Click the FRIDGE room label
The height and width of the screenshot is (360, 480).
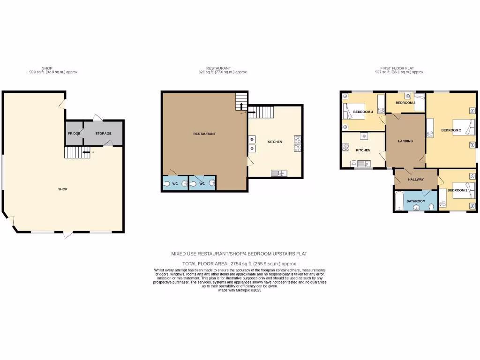tap(74, 134)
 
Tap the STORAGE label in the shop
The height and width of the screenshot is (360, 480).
tap(103, 134)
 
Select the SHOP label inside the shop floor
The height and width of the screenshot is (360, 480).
tap(62, 189)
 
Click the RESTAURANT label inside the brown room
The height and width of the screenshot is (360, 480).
tap(204, 134)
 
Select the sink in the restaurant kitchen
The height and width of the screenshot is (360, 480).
tap(278, 173)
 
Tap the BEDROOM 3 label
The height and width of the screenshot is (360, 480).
tap(405, 103)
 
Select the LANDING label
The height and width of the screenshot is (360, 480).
tap(405, 141)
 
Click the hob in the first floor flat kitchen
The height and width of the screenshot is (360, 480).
tap(346, 147)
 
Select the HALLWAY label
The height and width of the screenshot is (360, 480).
tap(415, 180)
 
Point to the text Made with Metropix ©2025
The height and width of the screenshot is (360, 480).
tap(240, 290)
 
